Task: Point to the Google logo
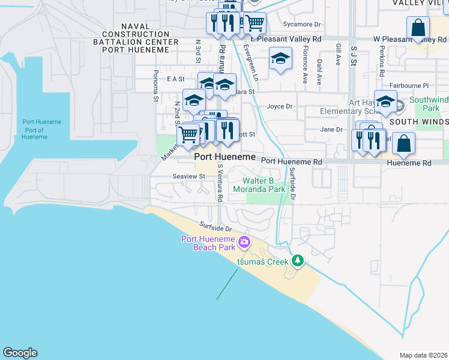point(20,353)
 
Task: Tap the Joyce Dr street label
point(279,106)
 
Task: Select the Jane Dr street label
point(331,129)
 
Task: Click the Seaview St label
point(189,176)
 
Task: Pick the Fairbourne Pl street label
point(409,86)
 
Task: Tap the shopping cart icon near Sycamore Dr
point(255,23)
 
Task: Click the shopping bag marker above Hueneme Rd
point(403,144)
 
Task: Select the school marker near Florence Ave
point(280,59)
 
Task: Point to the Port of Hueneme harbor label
point(34,130)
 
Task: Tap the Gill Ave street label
point(339,55)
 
